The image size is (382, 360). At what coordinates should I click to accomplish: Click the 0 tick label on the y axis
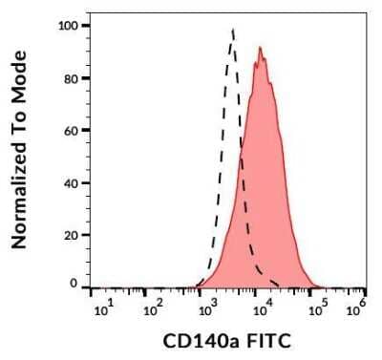coord(74,285)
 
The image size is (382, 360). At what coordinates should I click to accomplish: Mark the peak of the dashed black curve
coord(233,30)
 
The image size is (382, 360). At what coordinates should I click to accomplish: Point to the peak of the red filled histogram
coord(259,48)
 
